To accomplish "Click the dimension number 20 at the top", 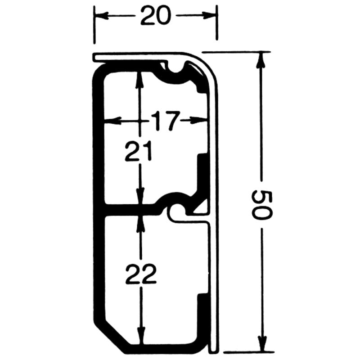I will pyautogui.click(x=156, y=16).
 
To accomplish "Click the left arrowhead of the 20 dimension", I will pyautogui.click(x=100, y=16).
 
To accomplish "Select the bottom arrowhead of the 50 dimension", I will pyautogui.click(x=261, y=344).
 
